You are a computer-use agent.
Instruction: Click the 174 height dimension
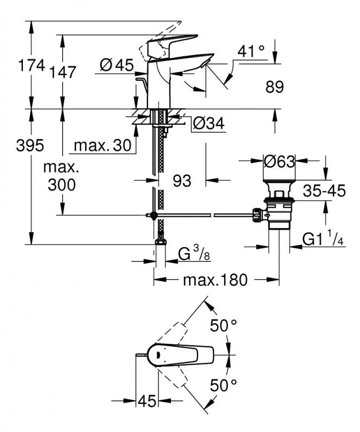click(31, 66)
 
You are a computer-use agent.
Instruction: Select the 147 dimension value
click(64, 72)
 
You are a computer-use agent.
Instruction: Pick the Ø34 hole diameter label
click(209, 123)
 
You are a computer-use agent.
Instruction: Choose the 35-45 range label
click(324, 191)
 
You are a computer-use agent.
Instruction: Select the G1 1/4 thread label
click(323, 240)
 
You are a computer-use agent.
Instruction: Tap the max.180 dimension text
click(215, 280)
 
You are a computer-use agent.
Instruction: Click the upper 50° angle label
click(222, 326)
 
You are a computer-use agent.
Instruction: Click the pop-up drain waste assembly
click(279, 207)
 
